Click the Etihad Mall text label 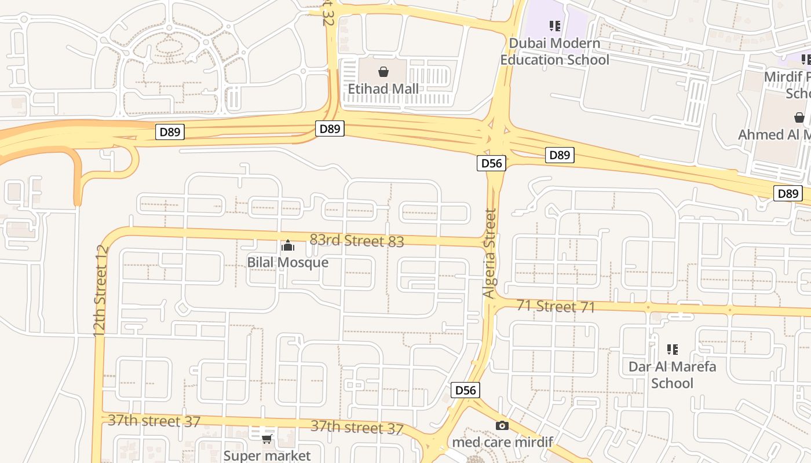pos(383,89)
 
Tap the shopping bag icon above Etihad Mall pos(383,72)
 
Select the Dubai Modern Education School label pos(554,52)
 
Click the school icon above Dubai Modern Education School pos(555,25)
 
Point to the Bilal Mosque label pos(288,262)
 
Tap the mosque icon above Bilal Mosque pos(288,246)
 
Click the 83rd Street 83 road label pos(356,240)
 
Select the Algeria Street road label pos(490,253)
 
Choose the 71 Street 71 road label pos(556,306)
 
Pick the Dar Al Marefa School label pos(672,374)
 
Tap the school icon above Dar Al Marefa pos(672,349)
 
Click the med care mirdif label pos(502,442)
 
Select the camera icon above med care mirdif pos(502,425)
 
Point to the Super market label pos(267,455)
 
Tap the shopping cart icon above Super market pos(267,439)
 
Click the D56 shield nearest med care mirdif pos(465,390)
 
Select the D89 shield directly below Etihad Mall pos(330,128)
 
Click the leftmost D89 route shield pos(170,132)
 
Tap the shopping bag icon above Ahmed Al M pos(799,118)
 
